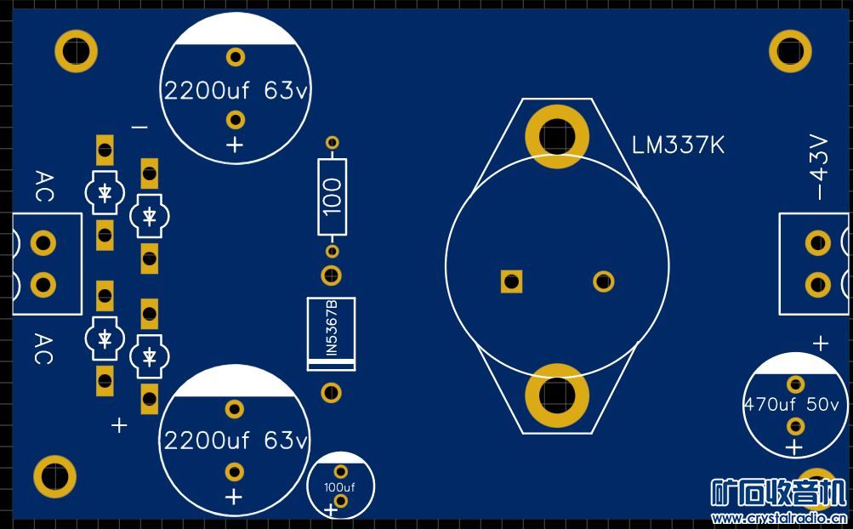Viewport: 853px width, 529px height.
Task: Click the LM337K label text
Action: coord(678,145)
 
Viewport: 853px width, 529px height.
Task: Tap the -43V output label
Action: coord(818,167)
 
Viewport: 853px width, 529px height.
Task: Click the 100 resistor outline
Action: coord(333,196)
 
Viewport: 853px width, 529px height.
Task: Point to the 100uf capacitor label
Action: coord(339,487)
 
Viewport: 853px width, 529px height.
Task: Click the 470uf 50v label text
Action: coord(791,405)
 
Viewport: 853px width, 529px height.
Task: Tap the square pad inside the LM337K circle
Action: coord(511,281)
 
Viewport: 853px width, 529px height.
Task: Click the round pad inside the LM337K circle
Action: coord(603,281)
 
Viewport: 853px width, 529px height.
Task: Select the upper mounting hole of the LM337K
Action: coord(557,135)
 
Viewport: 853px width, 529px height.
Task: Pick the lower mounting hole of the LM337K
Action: coord(557,394)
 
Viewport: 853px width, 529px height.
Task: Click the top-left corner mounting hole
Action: coord(76,51)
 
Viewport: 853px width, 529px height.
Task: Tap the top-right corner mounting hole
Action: coord(790,51)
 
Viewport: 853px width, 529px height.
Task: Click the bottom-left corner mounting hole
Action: coord(55,476)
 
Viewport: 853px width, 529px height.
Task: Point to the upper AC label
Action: coord(43,186)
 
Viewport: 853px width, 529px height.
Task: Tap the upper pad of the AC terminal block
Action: coord(43,244)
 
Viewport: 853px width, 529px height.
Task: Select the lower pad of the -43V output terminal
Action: coord(817,284)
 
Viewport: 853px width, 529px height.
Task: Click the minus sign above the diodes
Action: coord(139,127)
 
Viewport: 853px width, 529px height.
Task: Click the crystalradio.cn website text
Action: coord(777,518)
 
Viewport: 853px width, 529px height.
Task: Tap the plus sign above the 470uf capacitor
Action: coord(820,344)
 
